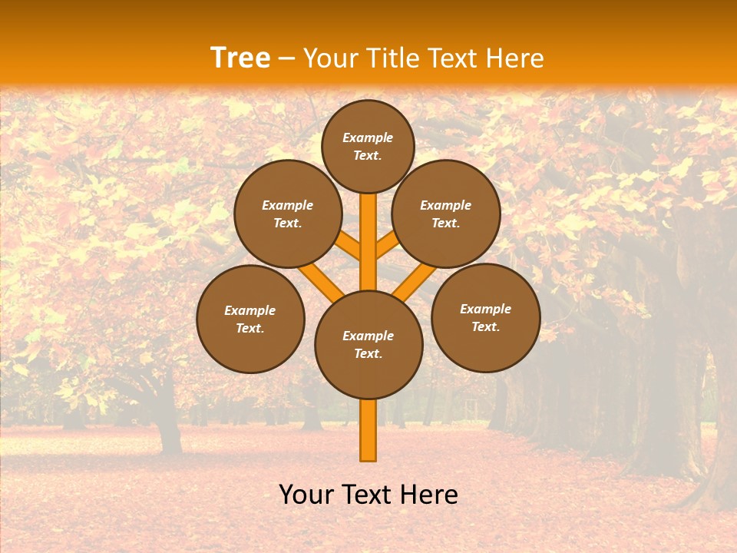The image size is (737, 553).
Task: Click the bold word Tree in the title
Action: point(240,58)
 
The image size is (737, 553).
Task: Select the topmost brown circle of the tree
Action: point(368,146)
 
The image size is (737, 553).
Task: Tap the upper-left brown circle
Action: point(287,214)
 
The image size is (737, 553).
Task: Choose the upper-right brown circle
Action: point(446,214)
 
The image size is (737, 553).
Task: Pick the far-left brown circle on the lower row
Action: point(250,319)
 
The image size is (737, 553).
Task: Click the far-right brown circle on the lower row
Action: point(486,317)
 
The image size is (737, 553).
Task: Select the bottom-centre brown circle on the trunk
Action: point(368,344)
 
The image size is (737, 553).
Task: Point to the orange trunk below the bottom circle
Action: point(368,430)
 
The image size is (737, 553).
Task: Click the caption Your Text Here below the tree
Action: point(368,494)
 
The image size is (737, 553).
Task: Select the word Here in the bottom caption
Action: point(432,494)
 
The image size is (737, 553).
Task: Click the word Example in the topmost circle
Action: point(368,137)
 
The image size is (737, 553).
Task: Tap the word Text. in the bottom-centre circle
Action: point(368,353)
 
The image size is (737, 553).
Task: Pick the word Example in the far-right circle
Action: point(485,309)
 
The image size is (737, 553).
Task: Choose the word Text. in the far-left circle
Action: point(250,328)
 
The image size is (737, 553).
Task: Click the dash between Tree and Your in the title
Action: point(287,58)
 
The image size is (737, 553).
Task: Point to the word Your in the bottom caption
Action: point(306,494)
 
